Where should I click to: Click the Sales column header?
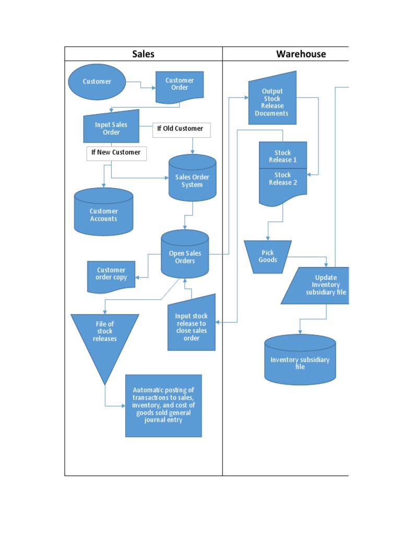143,54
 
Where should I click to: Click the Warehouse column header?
301,54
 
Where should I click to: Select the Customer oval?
97,82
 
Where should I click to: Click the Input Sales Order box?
111,127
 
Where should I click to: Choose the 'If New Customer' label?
116,153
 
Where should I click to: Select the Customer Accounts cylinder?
103,214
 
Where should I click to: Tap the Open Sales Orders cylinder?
185,257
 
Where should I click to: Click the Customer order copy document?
111,275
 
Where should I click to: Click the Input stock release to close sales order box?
192,327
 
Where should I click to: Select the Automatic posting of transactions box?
163,405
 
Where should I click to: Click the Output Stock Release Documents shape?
272,102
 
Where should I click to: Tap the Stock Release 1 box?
283,156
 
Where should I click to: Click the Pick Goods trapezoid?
268,256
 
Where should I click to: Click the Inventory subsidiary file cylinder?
300,361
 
